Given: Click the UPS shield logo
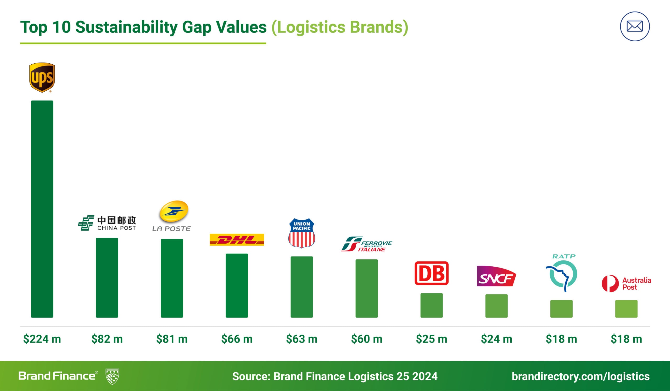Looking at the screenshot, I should coord(42,77).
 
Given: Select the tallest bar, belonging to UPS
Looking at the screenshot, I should coord(42,209).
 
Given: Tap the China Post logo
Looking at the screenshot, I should coord(107,223).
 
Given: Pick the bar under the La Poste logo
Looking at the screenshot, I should coord(172,278).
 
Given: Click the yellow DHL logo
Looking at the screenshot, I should coord(237,240).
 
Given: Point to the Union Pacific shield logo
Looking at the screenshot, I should coord(301,233).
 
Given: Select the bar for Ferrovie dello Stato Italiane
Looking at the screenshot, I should coord(366,288).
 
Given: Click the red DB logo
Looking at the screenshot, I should coord(432,273).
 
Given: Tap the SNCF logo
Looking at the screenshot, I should coord(496,276).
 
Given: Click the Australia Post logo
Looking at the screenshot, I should coord(626,284).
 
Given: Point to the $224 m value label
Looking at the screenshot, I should coord(42,339).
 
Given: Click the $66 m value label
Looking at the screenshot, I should coord(237,339).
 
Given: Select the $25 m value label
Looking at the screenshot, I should coord(432,339).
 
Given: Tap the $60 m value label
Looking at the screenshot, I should coord(366,339).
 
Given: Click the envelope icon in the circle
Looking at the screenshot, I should coord(635,26).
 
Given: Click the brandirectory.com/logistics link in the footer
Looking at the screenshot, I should coord(580,376).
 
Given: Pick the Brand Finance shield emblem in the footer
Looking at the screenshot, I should coord(112,376).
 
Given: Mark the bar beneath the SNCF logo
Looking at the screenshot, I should coord(496,306).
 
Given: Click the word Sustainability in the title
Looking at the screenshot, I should coord(127,27).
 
